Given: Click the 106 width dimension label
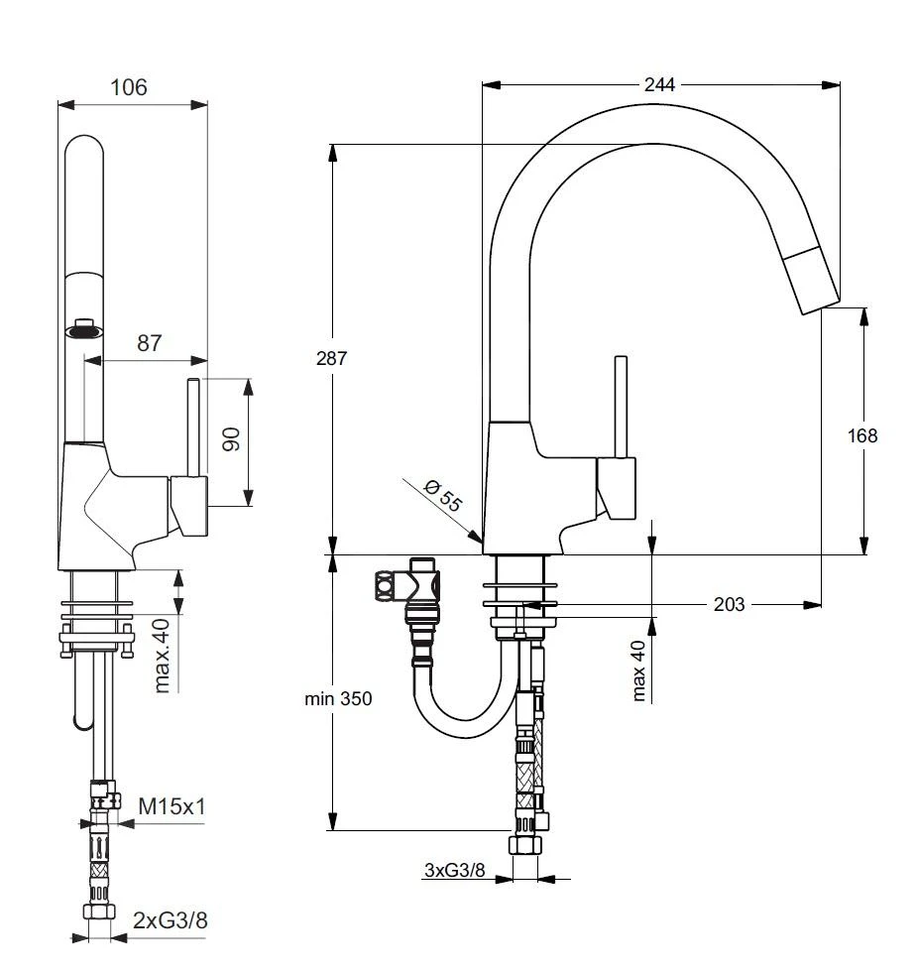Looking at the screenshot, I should pos(129,87).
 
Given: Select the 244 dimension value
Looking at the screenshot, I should pos(659,85).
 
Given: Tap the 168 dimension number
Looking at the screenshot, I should pos(862,435).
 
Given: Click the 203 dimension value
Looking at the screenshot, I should pos(730,604).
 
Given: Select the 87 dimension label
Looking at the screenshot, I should pos(149,343).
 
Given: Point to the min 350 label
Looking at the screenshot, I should pos(339,699).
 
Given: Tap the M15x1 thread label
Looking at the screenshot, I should pos(172,807).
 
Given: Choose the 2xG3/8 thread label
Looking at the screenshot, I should pos(171,920).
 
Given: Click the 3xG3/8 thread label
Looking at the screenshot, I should pos(454,870).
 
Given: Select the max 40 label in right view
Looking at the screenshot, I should pos(639,670).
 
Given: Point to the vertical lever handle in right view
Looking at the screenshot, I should pos(622,407).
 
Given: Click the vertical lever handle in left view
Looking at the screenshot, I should pos(194,426).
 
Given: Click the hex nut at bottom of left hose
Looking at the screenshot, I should pos(97,913).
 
